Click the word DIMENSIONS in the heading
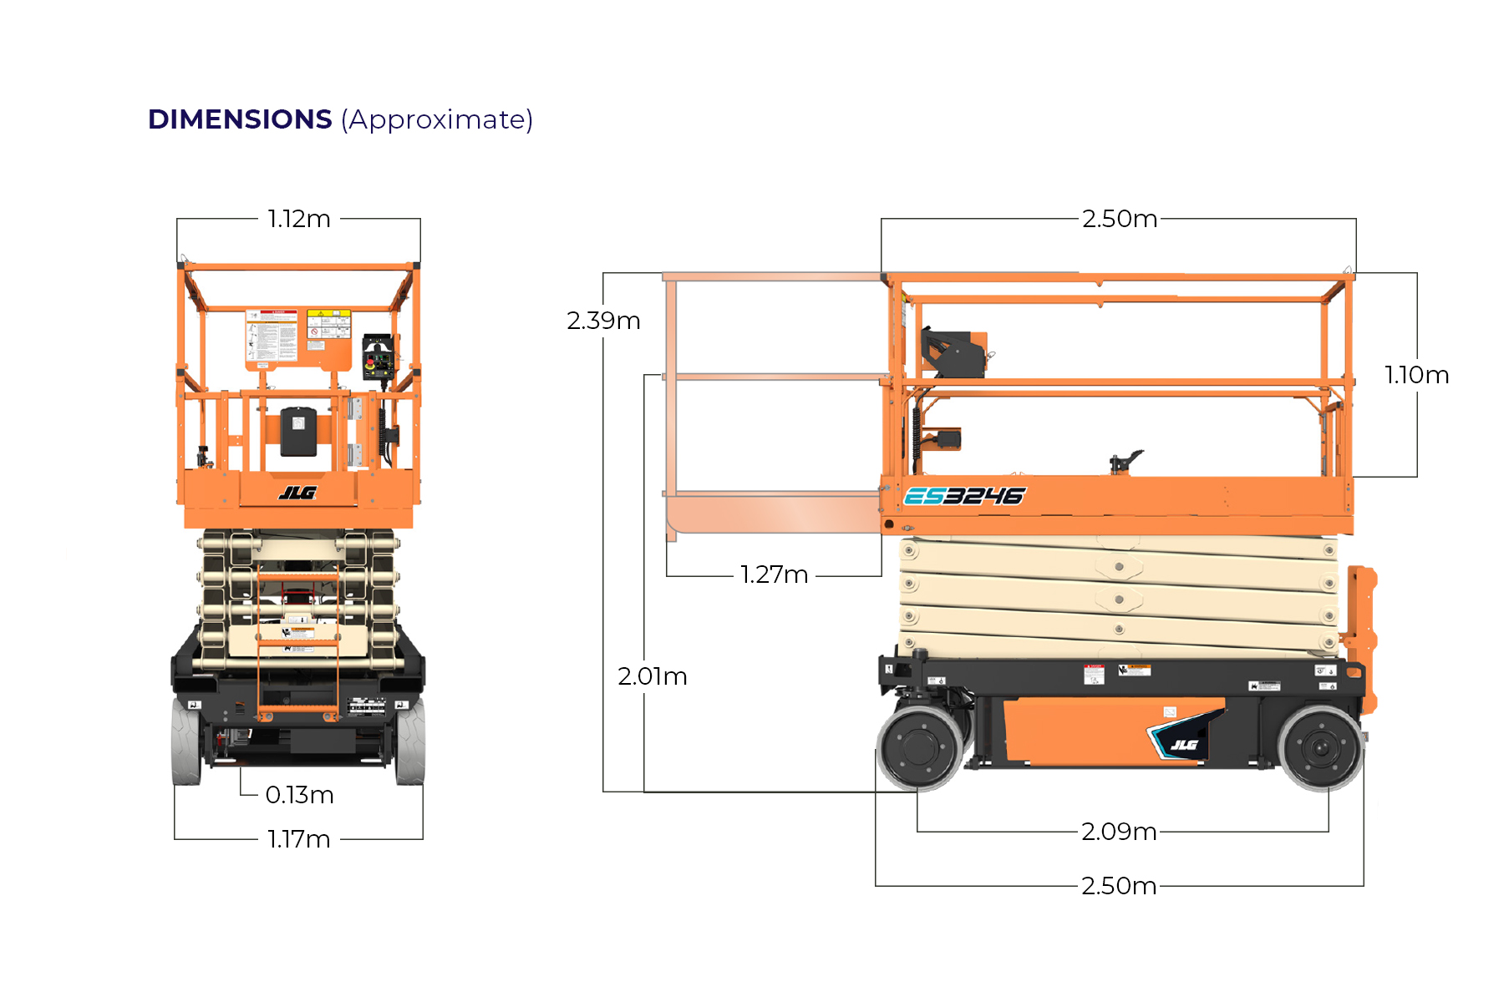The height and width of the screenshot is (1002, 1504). [x=240, y=119]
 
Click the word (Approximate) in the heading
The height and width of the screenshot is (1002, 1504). [x=436, y=119]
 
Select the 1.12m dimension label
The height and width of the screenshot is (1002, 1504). [x=299, y=219]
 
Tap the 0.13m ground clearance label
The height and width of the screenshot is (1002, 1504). [x=299, y=795]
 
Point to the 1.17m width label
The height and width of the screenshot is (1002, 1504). [x=299, y=839]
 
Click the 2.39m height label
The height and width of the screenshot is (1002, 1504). [x=603, y=321]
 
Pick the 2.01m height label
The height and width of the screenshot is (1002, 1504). [x=653, y=676]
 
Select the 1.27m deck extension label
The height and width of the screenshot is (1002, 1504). [x=775, y=574]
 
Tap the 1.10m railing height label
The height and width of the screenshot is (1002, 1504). [x=1417, y=375]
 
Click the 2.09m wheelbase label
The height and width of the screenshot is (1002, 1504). [x=1119, y=832]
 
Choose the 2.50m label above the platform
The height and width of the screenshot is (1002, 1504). [x=1120, y=219]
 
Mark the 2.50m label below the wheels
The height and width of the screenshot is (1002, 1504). [x=1119, y=886]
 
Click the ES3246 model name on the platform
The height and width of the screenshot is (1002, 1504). [x=964, y=497]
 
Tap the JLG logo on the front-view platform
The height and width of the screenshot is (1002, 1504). [x=298, y=493]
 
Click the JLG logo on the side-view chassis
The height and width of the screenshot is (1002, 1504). [x=1184, y=744]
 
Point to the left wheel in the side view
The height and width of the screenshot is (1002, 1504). [x=921, y=747]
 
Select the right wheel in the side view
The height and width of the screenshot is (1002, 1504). [x=1321, y=747]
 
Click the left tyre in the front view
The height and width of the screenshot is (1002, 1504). [x=186, y=742]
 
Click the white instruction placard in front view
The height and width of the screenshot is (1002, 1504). [x=272, y=337]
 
